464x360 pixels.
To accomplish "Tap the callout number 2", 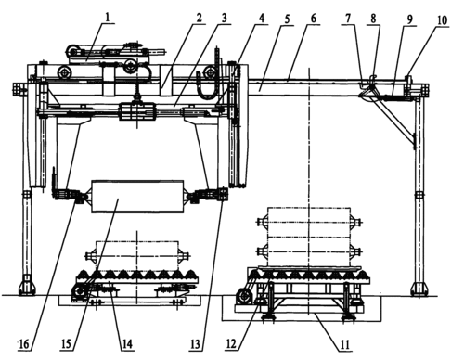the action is coord(199,18).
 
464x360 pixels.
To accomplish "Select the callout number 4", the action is coord(262,18).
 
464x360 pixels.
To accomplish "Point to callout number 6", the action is coord(313,19).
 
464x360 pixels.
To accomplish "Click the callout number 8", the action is coord(374,19).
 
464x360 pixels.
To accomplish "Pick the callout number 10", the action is coord(442,20).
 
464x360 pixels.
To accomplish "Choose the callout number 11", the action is coord(344,344).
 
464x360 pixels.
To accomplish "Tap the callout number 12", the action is coord(232,343).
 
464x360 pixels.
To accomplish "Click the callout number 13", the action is coord(195,344).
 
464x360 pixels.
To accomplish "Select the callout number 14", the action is coord(127,343).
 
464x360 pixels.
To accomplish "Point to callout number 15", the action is coord(66,343).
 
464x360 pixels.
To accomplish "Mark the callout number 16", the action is coord(25,344).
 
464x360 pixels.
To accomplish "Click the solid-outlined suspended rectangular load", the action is coord(137,197).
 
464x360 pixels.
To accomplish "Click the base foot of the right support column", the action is coord(419,288).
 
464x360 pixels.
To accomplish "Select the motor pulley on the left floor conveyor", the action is coord(78,291).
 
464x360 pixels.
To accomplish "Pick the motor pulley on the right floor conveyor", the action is coord(243,296).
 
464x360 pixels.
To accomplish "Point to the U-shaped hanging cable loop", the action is coord(207,90).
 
